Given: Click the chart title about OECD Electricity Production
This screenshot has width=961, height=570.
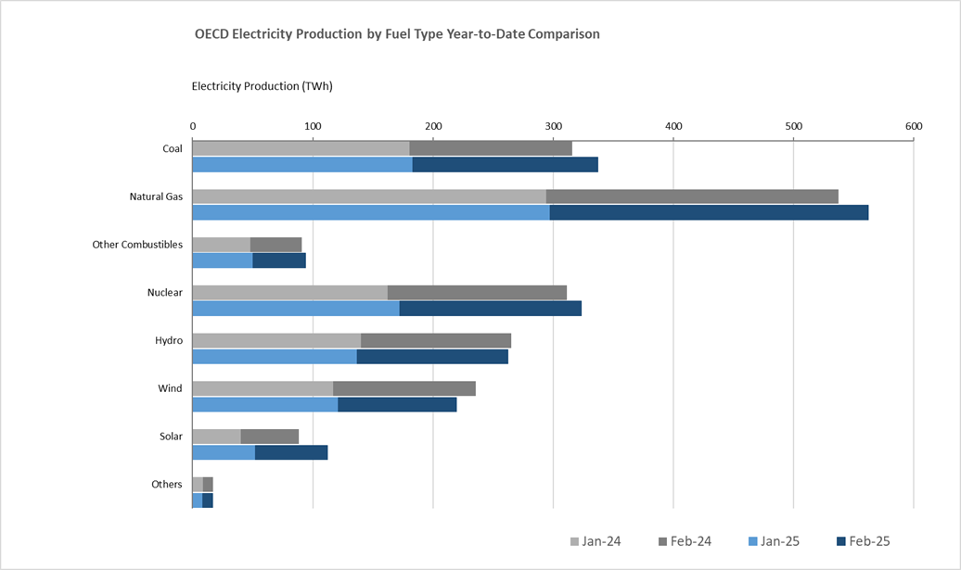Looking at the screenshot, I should point(397,34).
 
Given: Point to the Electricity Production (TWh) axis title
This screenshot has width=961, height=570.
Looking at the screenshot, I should point(262,86).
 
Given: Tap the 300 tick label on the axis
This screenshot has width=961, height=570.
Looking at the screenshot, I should point(553,126).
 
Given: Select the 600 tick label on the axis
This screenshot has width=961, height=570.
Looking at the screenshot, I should point(914,126).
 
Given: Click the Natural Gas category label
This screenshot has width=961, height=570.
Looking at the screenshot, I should point(156,196).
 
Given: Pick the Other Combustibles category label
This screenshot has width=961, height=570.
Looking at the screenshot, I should point(137,245).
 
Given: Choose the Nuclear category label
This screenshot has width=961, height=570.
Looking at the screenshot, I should point(164,293).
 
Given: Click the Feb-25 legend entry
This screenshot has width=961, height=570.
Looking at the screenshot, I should point(862,541).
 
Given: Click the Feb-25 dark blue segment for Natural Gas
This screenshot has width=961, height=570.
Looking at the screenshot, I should point(709,212).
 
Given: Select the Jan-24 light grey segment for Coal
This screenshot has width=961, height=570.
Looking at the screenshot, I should point(301,148).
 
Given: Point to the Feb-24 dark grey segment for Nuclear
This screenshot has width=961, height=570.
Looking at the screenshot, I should point(477,293).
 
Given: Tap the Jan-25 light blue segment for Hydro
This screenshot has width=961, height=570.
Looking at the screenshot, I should point(275,357).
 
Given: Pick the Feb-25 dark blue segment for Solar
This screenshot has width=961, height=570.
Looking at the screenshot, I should point(291,452).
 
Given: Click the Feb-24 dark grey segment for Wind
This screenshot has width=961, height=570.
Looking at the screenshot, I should point(404,388).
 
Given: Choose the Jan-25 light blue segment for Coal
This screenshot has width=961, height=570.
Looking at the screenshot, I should point(302,165).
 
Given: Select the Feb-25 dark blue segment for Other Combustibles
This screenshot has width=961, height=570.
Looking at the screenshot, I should point(279,260).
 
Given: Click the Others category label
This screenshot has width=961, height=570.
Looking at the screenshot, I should point(167,485).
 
